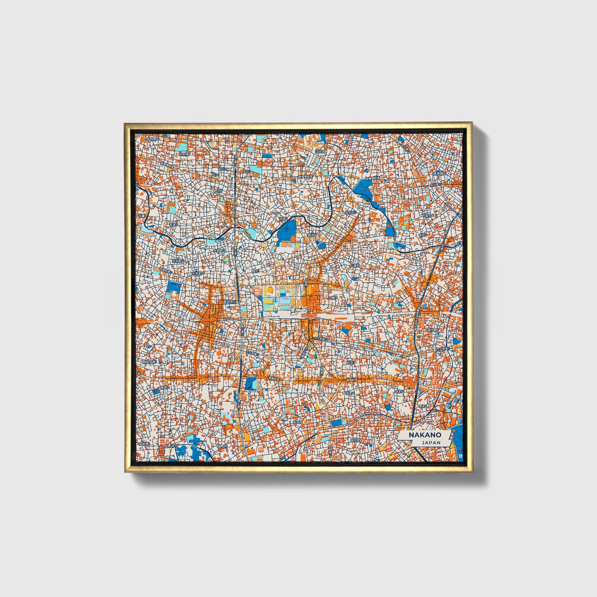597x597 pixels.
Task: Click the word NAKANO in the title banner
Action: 425,435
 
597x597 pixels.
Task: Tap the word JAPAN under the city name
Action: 431,442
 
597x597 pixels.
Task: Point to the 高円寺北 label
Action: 230,302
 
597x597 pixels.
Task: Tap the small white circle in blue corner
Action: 461,455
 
